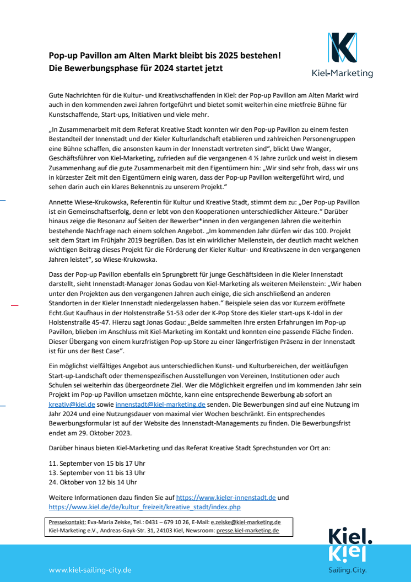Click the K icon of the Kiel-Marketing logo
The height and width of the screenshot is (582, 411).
pos(342,47)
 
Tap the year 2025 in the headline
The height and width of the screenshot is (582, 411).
pos(250,55)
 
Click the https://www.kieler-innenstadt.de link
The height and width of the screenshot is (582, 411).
pos(226,497)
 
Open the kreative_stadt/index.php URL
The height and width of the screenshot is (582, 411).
pos(145,506)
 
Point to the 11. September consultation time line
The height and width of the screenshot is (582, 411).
pos(97,463)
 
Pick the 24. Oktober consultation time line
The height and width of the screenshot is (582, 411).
pos(93,482)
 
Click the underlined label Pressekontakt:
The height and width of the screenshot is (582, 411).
pos(67,522)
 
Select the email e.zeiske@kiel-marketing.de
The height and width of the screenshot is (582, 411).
pos(246,522)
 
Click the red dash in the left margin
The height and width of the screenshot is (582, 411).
pos(14,305)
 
